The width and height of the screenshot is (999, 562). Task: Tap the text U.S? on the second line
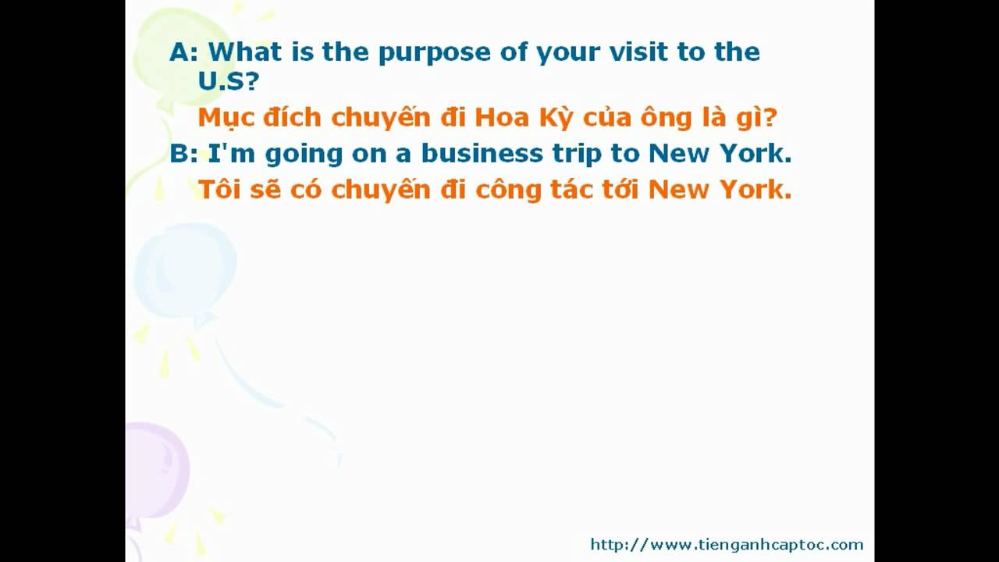(229, 80)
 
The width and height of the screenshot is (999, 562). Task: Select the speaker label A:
(183, 52)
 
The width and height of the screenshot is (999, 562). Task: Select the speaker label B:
(183, 154)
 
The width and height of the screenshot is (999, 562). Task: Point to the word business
(482, 153)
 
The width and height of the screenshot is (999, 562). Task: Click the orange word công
(508, 190)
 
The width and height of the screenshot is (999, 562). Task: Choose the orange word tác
(572, 190)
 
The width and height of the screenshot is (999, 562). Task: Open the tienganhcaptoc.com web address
(727, 545)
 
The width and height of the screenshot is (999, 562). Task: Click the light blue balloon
(186, 271)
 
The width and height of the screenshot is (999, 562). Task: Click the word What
(245, 52)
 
